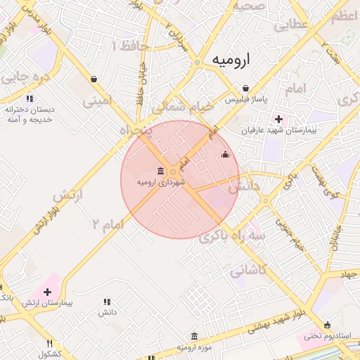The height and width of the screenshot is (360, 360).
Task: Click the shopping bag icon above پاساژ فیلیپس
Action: click(245, 89)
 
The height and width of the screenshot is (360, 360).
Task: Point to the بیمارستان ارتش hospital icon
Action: click(48, 292)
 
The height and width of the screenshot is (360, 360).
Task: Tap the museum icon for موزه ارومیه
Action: click(195, 337)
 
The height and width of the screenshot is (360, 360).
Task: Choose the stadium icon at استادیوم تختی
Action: click(309, 336)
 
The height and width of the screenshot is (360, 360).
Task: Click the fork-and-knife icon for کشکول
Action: click(49, 343)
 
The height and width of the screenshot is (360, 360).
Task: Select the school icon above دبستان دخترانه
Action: click(30, 99)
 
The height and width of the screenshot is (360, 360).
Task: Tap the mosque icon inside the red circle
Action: click(225, 154)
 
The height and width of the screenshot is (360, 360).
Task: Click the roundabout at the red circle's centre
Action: click(173, 171)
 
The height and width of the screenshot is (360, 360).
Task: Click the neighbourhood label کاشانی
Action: click(248, 269)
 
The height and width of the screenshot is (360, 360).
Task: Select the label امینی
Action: click(97, 101)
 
